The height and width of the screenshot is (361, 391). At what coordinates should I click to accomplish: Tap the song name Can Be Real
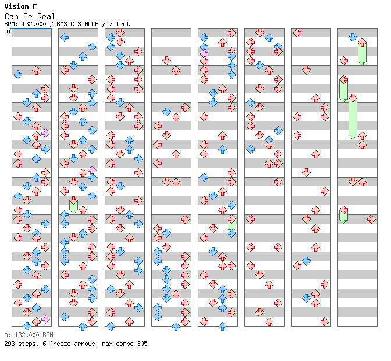click(30, 16)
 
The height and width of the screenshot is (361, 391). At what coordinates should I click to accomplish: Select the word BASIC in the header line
click(65, 24)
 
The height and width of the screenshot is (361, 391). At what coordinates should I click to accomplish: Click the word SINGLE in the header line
click(88, 24)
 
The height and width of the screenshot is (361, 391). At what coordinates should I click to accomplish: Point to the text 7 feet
click(119, 24)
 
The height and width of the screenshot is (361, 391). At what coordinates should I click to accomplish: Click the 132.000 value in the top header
click(34, 24)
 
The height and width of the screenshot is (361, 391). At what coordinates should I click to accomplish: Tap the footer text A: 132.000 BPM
click(29, 335)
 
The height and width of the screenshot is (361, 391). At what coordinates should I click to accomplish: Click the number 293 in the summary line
click(9, 344)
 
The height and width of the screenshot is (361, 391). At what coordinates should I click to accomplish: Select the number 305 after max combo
click(142, 344)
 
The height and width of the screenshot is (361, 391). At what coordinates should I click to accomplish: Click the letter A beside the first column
click(9, 31)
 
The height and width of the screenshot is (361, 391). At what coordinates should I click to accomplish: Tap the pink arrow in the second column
click(92, 170)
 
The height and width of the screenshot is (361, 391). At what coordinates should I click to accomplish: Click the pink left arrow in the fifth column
click(204, 54)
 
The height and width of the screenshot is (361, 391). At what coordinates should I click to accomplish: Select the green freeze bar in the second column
click(73, 207)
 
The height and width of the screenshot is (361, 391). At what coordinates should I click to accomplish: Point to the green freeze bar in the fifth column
click(232, 225)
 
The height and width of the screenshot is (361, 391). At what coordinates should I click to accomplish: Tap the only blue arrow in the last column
click(353, 37)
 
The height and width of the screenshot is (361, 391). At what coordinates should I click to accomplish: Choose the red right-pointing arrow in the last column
click(371, 220)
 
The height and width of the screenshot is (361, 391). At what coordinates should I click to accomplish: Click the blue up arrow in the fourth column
click(176, 326)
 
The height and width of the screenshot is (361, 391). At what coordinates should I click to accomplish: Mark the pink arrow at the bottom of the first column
click(45, 319)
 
